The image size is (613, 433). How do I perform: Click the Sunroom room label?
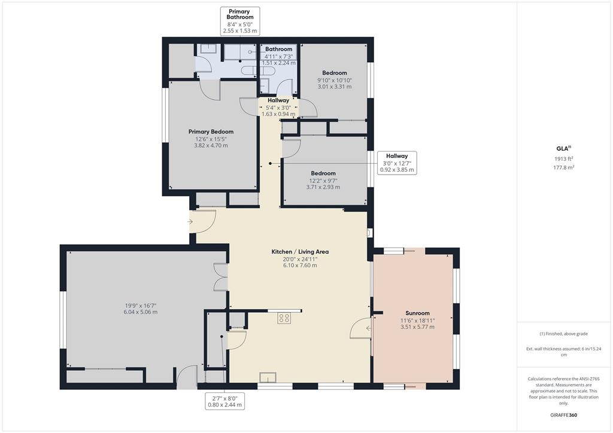pos(417,313)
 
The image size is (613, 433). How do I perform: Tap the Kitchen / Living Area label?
pos(300,252)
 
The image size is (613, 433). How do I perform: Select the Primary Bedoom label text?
pos(211,132)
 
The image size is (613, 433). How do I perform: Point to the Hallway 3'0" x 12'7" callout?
pos(396,163)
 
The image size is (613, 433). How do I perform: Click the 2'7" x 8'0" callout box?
pos(225,401)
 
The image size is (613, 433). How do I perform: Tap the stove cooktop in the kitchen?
pos(284,319)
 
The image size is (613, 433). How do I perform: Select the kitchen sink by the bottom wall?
pos(267,377)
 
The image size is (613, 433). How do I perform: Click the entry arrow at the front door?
pos(190,222)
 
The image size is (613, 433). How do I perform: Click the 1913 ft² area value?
pos(562,158)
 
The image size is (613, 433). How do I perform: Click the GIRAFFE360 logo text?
pos(565,414)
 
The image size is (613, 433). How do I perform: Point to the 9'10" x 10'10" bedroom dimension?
pos(334,80)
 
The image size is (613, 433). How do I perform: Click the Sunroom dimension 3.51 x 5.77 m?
pos(417,327)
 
